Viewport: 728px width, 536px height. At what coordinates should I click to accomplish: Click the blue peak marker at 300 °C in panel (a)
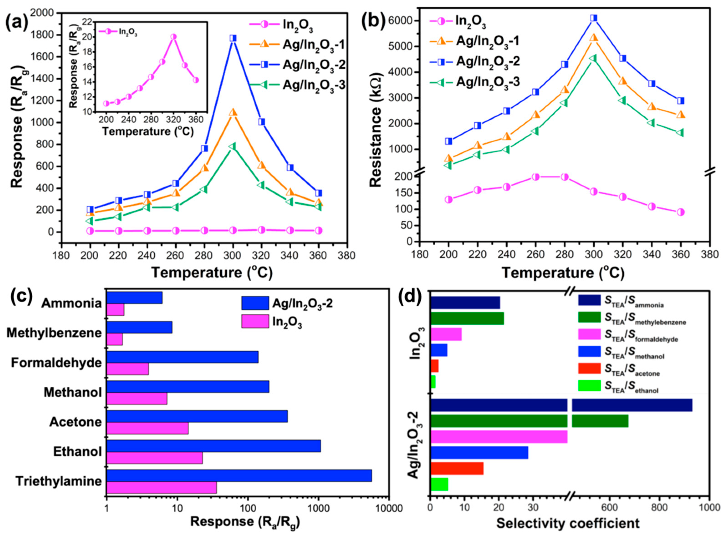pos(233,38)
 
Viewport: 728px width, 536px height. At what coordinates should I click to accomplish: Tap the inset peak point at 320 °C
pos(173,37)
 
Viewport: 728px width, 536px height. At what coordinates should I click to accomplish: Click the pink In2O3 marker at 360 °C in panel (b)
pos(681,212)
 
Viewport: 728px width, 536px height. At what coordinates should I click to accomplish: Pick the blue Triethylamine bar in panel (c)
pos(239,475)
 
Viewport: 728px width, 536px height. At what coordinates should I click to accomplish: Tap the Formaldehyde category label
pos(56,363)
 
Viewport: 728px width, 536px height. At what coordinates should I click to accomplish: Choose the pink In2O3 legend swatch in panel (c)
pos(255,321)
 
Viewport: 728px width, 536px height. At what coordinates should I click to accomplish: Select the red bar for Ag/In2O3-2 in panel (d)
pos(457,468)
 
